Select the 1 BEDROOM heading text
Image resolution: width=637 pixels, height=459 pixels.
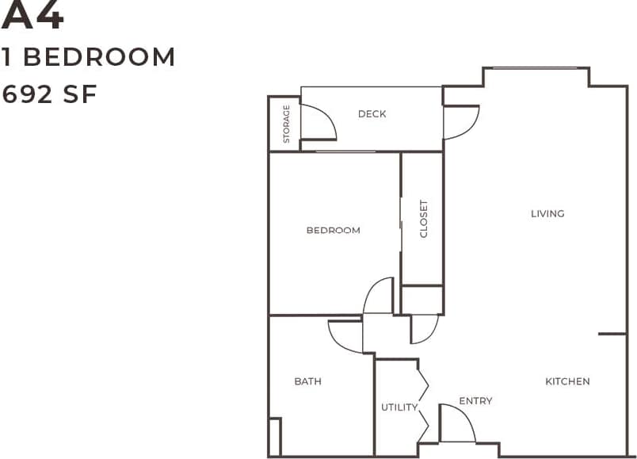point(88,57)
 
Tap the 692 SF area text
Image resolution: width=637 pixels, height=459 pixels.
point(49,94)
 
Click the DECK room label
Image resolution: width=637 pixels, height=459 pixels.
point(372,114)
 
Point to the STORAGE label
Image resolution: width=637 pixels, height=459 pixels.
point(286,124)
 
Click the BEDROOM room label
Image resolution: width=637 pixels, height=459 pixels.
point(333,231)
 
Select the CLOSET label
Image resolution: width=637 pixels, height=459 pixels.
point(423,218)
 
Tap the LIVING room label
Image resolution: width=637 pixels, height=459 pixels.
point(547,213)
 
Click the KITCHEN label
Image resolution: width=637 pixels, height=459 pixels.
point(567,381)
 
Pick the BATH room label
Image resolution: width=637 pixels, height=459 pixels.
point(307,381)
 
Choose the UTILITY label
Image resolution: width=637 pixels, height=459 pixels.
point(399,407)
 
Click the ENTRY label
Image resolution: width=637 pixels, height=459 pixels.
point(475,401)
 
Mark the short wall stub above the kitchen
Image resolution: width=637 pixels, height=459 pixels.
point(612,334)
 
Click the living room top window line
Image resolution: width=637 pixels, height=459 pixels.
point(536,68)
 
